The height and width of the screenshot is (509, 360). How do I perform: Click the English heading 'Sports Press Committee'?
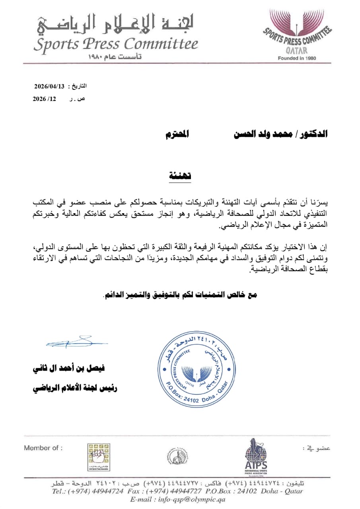(115, 44)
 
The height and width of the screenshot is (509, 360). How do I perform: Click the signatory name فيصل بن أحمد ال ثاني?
(74, 369)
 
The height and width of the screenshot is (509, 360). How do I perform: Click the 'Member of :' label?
(43, 448)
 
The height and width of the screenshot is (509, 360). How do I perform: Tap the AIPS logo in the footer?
(256, 455)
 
